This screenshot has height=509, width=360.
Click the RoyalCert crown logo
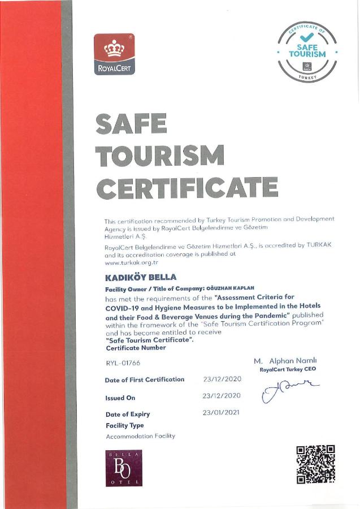[114, 54]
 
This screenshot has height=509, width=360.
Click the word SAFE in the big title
[132, 124]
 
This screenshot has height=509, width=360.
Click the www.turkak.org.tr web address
[131, 262]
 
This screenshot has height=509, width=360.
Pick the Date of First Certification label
[145, 379]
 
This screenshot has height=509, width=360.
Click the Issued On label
[120, 398]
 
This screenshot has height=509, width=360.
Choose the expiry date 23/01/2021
[222, 412]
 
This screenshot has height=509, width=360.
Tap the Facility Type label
[124, 425]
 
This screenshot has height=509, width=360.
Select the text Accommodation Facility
[140, 436]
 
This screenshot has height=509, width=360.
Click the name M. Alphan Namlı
[285, 360]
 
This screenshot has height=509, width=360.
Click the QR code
[315, 464]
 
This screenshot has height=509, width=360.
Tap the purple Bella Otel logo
[124, 468]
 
